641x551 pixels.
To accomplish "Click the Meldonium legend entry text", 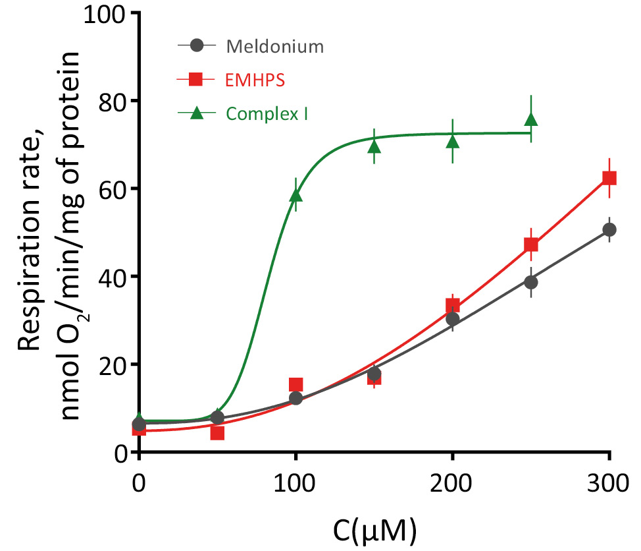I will [275, 47].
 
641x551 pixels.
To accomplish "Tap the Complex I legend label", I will [267, 113].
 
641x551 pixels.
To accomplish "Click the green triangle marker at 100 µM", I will [296, 195].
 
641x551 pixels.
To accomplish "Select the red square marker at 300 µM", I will [609, 178].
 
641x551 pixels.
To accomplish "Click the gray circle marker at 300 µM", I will [609, 229].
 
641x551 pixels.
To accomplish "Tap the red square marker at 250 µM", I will [531, 245].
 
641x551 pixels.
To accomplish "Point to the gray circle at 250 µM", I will [531, 282].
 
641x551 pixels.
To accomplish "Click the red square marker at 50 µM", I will [218, 433].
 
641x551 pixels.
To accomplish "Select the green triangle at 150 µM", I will [374, 146].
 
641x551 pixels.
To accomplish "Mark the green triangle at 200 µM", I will [453, 141].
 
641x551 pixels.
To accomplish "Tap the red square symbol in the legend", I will [195, 80].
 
